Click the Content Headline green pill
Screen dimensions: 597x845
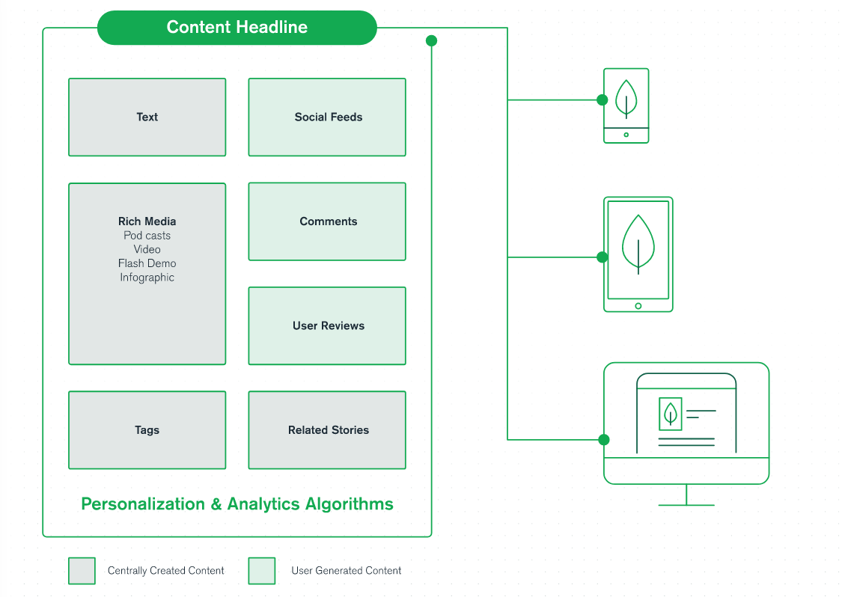pos(237,28)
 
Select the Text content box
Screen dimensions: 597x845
pos(147,117)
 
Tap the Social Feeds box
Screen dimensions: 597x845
pos(327,117)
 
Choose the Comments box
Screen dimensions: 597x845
pos(327,221)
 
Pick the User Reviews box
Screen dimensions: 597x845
pos(327,326)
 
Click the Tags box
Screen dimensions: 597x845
pos(147,430)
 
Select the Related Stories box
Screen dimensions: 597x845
pos(327,430)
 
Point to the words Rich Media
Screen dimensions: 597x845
pos(147,221)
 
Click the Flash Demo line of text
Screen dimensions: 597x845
pos(147,263)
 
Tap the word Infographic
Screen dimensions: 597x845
pos(147,278)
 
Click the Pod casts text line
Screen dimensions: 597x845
pos(147,236)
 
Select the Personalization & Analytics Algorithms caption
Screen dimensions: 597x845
pos(237,504)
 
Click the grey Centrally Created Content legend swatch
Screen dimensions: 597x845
pos(82,571)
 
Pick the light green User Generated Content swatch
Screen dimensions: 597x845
pos(262,571)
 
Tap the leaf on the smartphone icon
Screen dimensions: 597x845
pos(626,97)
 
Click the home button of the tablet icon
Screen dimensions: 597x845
pos(638,305)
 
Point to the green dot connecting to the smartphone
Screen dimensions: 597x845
pos(602,99)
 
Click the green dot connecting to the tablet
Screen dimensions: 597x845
pos(602,257)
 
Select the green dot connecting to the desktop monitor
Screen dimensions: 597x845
pos(604,440)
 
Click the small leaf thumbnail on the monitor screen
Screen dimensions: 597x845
pos(670,413)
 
